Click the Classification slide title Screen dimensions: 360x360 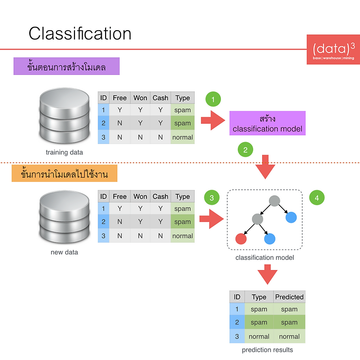click(x=80, y=34)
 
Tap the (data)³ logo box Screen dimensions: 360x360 click(x=333, y=49)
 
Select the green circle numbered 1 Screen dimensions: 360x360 click(x=213, y=99)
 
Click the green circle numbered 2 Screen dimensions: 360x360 click(x=246, y=150)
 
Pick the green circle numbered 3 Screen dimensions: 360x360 click(x=212, y=198)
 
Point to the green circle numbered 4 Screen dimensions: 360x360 click(x=317, y=198)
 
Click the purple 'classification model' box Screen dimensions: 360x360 click(x=268, y=123)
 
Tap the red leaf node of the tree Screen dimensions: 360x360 click(x=241, y=239)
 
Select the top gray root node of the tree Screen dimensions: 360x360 click(x=274, y=201)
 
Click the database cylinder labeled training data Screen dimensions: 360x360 click(x=65, y=116)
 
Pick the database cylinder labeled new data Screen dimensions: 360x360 click(x=65, y=217)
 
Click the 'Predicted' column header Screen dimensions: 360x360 click(x=289, y=297)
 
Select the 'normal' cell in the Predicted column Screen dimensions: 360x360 click(x=289, y=336)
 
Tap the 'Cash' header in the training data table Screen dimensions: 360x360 click(x=161, y=98)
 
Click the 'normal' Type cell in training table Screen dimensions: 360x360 click(x=182, y=137)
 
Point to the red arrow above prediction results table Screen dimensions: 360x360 click(x=268, y=274)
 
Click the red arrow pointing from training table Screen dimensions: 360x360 click(x=213, y=120)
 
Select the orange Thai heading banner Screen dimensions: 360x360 click(x=65, y=173)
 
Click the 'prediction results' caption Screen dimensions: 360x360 click(x=268, y=350)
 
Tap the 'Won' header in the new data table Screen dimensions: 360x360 click(x=140, y=197)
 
